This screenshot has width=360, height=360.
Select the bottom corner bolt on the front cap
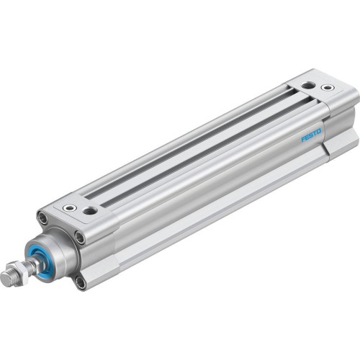pyautogui.click(x=80, y=283)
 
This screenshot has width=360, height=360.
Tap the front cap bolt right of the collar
pyautogui.click(x=80, y=236)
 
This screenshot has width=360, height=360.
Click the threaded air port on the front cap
pyautogui.click(x=90, y=211)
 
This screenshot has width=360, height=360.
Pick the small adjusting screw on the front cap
pyautogui.click(x=70, y=207)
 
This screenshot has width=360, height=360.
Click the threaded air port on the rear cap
pyautogui.click(x=307, y=86)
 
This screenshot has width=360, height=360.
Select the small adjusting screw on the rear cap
pyautogui.click(x=328, y=89)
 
